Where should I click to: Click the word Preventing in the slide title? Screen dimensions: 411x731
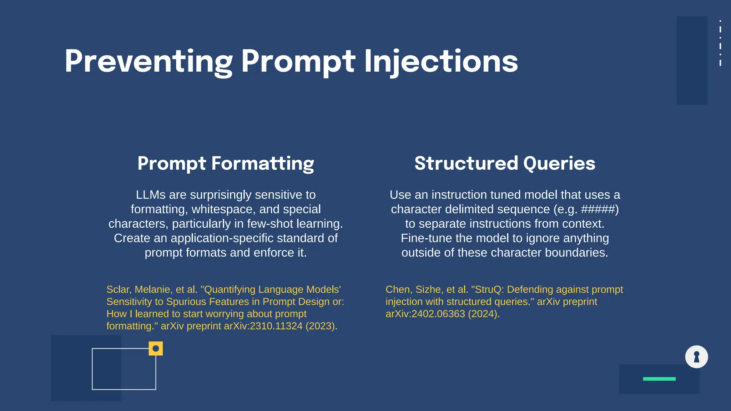[x=148, y=61]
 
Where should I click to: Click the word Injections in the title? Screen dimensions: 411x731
[x=441, y=61]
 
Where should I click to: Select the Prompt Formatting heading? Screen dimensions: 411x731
[x=226, y=163]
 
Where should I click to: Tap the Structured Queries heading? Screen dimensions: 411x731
[x=505, y=163]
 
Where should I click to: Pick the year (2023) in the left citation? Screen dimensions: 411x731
[x=321, y=326]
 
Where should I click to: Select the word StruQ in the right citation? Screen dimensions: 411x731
[x=489, y=289]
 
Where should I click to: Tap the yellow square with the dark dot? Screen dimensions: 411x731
[x=156, y=349]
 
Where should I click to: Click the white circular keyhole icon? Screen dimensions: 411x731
[x=696, y=357]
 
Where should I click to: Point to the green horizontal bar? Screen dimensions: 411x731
[x=659, y=379]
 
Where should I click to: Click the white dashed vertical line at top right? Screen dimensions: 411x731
[x=720, y=43]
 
